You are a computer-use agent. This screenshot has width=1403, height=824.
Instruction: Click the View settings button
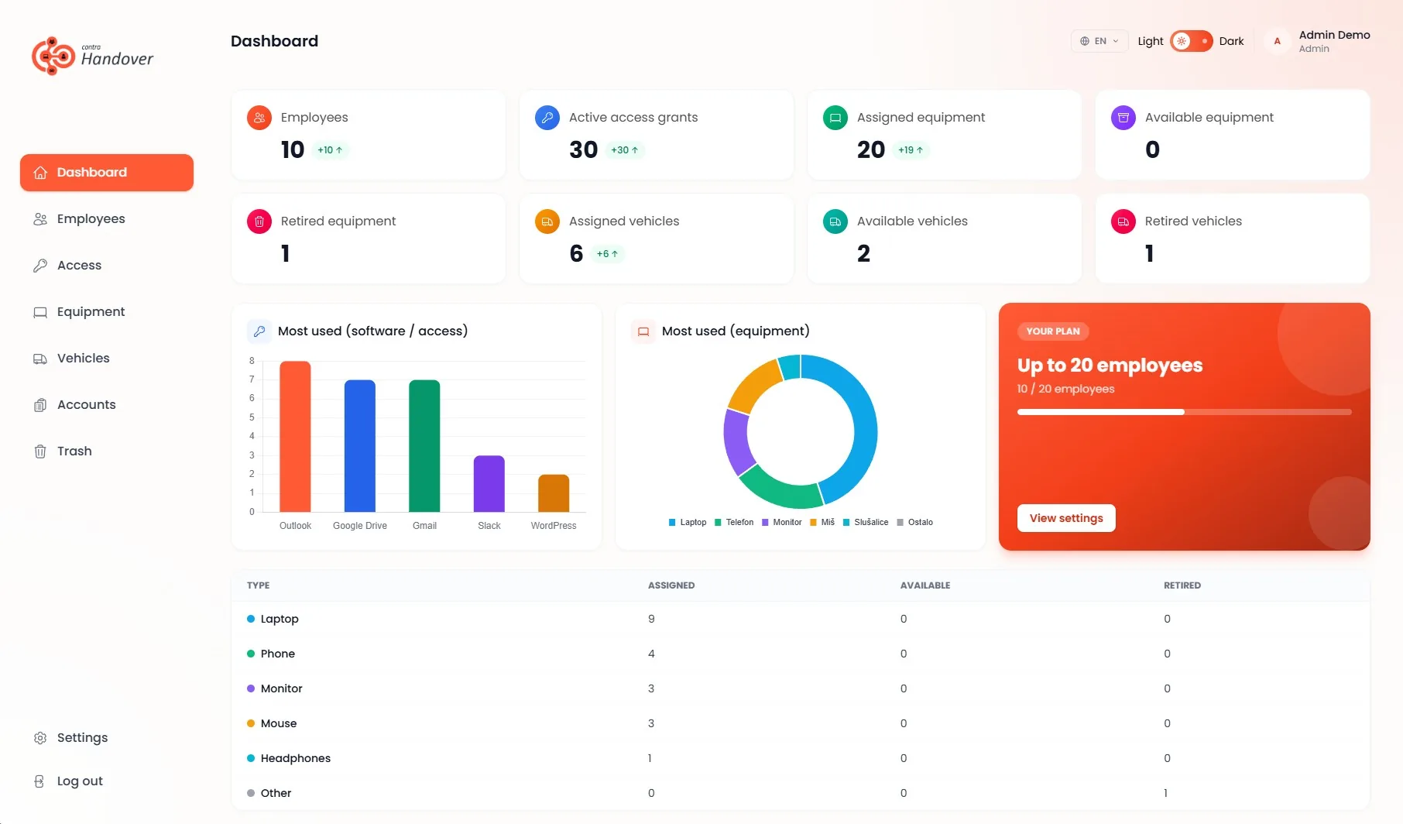tap(1066, 518)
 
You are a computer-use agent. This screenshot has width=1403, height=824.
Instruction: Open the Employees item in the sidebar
tap(91, 219)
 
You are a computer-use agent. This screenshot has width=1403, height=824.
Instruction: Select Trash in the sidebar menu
tap(74, 451)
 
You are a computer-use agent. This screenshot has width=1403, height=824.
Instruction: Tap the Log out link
tap(80, 781)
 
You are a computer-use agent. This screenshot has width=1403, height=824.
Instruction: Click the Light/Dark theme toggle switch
tap(1191, 41)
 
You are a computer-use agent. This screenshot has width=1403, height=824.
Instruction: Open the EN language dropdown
tap(1099, 41)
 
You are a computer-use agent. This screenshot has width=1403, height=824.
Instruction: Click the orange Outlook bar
tap(295, 437)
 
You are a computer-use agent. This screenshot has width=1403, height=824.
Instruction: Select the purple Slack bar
tap(489, 484)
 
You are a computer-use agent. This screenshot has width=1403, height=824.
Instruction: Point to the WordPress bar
tap(554, 493)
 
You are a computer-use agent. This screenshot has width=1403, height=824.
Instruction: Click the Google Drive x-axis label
tap(360, 526)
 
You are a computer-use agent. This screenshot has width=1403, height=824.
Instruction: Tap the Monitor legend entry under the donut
tap(782, 523)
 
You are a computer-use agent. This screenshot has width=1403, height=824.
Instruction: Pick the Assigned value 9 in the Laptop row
tap(651, 619)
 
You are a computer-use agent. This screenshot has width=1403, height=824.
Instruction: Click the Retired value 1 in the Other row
tap(1166, 793)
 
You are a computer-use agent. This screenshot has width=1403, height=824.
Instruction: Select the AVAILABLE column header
tap(925, 585)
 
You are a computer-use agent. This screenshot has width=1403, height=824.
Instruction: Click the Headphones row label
tap(296, 758)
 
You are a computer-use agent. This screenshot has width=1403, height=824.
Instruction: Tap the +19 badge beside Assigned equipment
tap(911, 150)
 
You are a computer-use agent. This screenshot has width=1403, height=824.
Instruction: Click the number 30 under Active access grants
tap(584, 149)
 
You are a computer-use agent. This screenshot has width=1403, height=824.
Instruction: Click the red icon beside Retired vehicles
tap(1123, 221)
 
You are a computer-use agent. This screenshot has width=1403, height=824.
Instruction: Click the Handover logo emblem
tap(53, 56)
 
